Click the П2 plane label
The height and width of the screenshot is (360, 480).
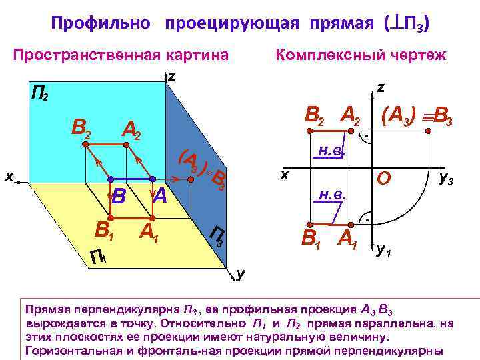(39, 93)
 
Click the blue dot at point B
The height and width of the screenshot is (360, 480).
(111, 179)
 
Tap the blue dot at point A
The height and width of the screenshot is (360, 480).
(153, 179)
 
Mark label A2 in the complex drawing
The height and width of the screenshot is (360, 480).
(351, 117)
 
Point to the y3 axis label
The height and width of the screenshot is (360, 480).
(446, 178)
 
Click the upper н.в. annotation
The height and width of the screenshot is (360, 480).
(331, 151)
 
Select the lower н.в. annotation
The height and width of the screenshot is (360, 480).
(331, 195)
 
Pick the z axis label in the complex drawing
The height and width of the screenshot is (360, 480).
(379, 87)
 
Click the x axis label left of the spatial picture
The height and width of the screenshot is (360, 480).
(9, 176)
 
